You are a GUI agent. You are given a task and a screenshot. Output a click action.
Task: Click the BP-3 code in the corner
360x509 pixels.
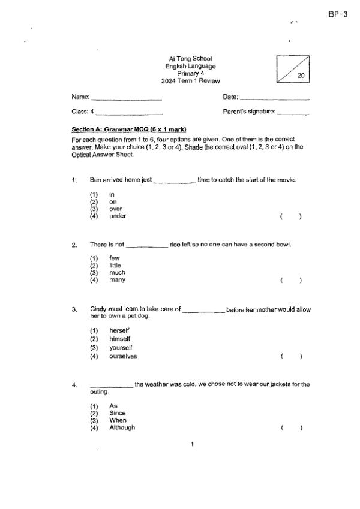(338, 14)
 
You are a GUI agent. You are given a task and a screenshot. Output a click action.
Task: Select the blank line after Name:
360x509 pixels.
(127, 97)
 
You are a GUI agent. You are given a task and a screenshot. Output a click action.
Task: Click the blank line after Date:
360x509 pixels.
(274, 97)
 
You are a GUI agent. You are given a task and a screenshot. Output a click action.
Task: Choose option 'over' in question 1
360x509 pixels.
(115, 209)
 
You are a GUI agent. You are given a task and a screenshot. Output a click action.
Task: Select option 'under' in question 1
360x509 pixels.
(118, 216)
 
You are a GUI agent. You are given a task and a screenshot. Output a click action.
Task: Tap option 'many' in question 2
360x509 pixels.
(117, 280)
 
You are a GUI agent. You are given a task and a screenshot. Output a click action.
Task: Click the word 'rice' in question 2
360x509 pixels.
(175, 245)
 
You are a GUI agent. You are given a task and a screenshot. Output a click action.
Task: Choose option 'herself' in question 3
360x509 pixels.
(119, 331)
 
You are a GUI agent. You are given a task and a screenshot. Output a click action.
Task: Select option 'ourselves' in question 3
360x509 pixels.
(123, 356)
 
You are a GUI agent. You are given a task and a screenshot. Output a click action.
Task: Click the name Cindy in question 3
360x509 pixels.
(98, 309)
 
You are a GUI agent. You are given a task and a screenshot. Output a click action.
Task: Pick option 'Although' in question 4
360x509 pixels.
(122, 428)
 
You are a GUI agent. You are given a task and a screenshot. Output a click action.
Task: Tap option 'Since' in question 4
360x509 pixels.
(117, 413)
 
